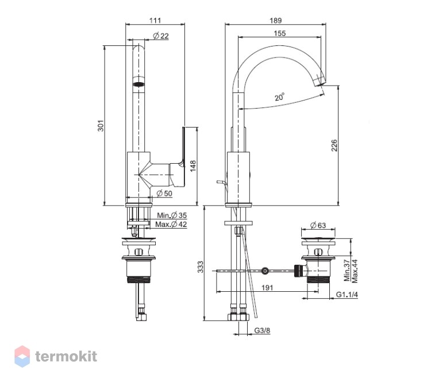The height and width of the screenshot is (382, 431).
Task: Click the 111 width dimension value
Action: (155, 20)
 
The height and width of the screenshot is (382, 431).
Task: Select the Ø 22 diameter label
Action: (161, 36)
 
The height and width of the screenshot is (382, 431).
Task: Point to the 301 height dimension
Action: (101, 126)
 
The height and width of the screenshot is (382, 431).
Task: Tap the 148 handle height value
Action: (193, 166)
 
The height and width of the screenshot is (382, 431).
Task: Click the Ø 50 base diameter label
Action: (164, 194)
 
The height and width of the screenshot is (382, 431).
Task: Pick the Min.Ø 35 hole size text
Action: (172, 215)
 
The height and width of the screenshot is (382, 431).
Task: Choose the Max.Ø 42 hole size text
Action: (171, 224)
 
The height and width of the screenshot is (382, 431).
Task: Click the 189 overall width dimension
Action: (275, 20)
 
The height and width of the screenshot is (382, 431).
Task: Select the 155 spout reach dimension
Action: (280, 33)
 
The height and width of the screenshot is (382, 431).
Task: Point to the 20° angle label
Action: (279, 97)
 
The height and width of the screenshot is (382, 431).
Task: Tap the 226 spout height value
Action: (334, 145)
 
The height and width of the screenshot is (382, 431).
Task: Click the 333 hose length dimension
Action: (201, 267)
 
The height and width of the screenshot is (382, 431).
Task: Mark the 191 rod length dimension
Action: (267, 288)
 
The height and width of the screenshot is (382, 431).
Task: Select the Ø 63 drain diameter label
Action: (318, 225)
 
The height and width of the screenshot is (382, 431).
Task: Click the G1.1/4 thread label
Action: (347, 295)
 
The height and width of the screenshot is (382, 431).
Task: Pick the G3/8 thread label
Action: (262, 330)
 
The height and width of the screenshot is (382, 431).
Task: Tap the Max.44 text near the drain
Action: (355, 271)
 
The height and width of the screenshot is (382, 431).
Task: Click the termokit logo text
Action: (66, 357)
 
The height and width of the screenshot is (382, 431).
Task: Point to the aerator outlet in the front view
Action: (139, 84)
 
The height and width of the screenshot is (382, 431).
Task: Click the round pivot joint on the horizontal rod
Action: (265, 271)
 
